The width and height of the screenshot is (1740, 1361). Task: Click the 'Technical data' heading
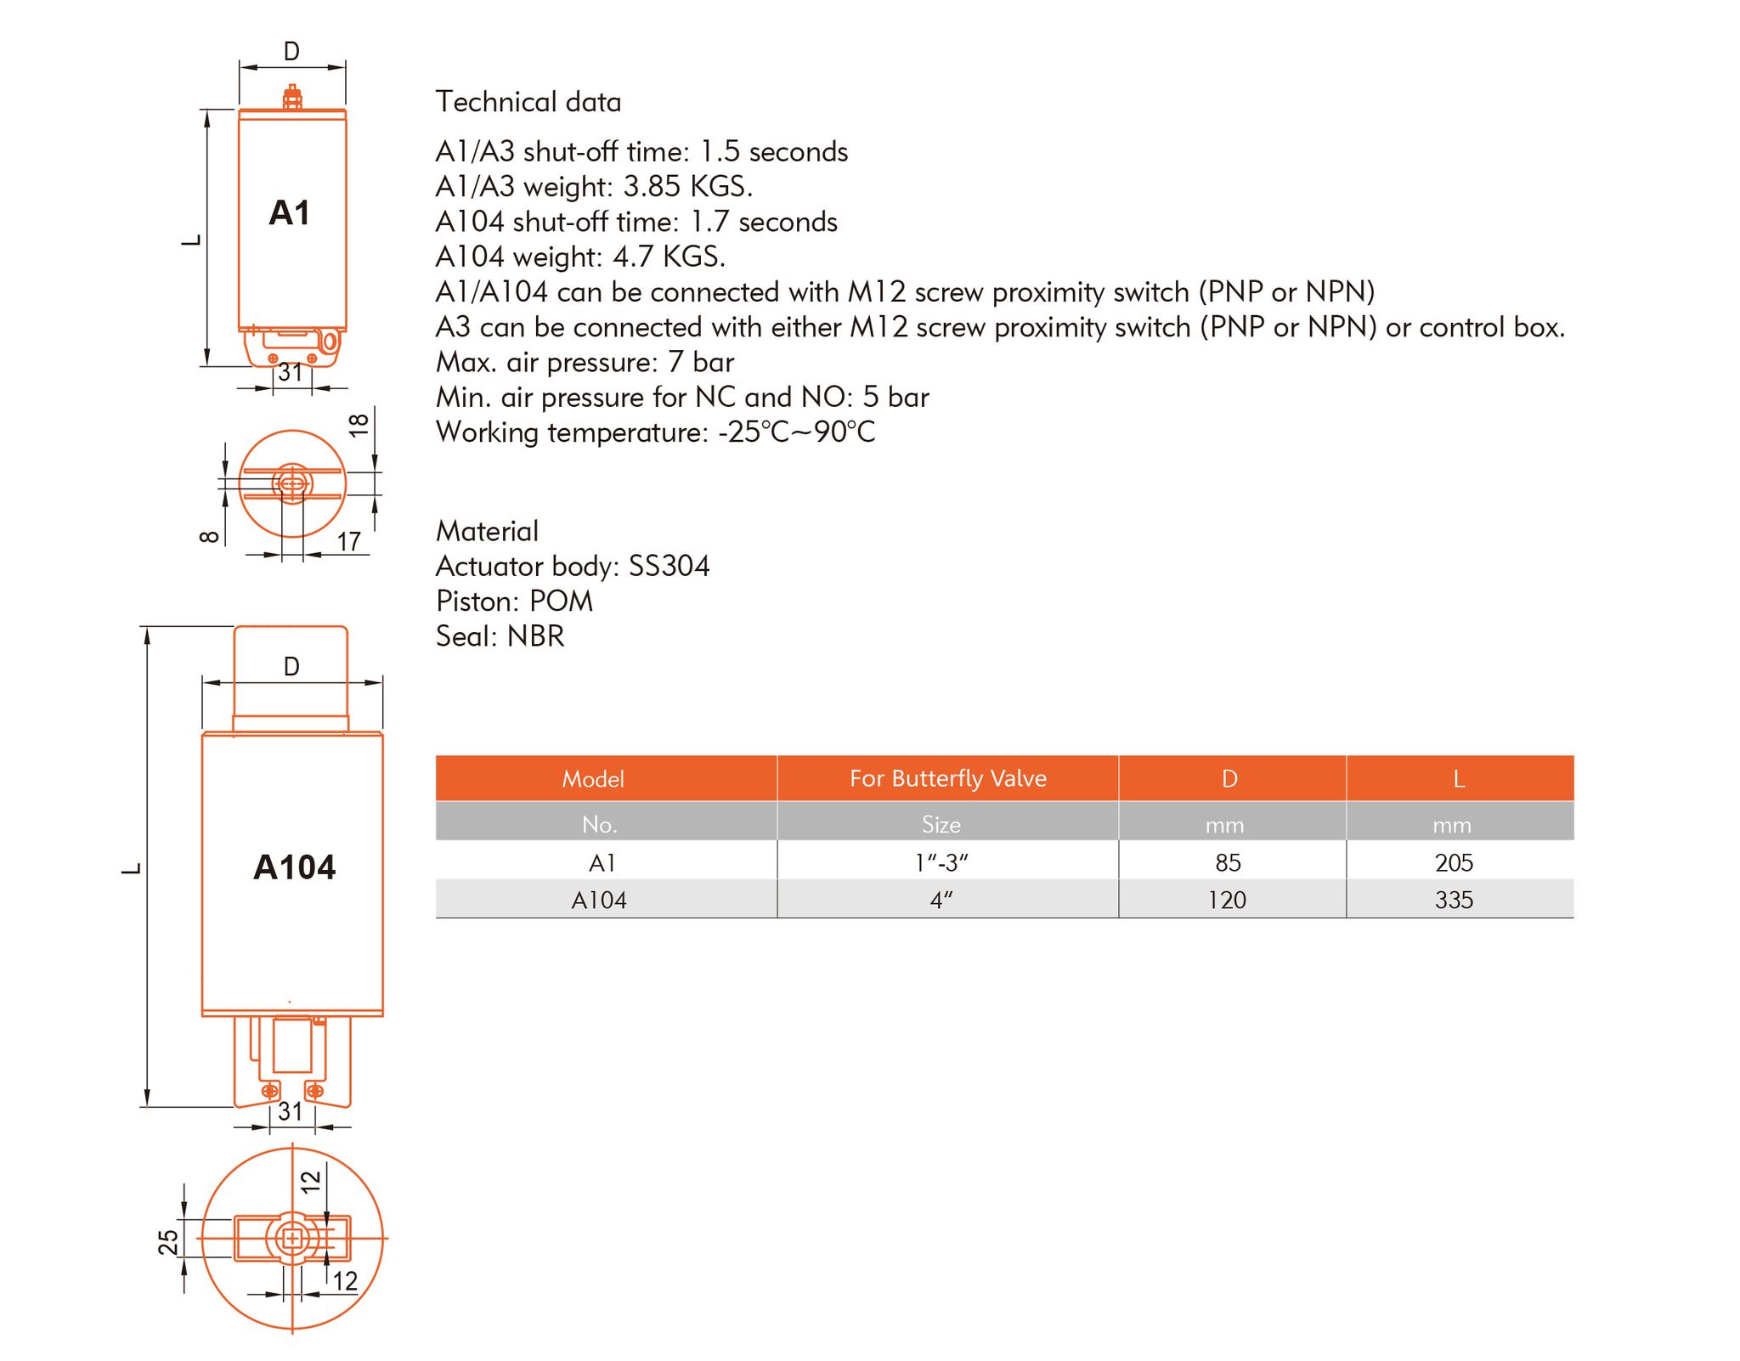pos(528,102)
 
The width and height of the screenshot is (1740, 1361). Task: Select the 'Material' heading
pos(487,531)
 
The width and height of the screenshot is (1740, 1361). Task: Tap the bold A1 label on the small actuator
pos(290,212)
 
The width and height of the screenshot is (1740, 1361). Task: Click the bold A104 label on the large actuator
pos(294,867)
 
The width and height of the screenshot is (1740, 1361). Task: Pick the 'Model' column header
pos(593,779)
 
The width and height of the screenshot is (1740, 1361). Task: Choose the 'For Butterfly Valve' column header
pos(948,778)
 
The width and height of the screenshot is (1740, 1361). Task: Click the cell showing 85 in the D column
pos(1228,863)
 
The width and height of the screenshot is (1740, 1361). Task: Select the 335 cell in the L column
pos(1454,900)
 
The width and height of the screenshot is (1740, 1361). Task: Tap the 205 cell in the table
pos(1454,863)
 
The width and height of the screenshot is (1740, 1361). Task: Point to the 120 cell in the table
pos(1227,900)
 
